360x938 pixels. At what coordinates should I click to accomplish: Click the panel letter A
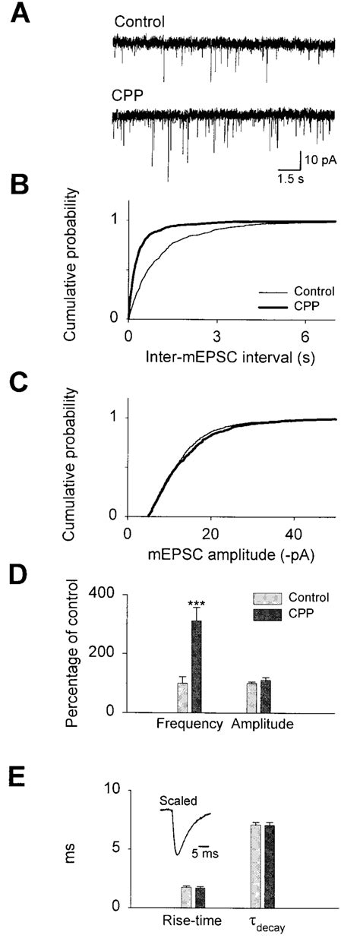click(19, 14)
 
